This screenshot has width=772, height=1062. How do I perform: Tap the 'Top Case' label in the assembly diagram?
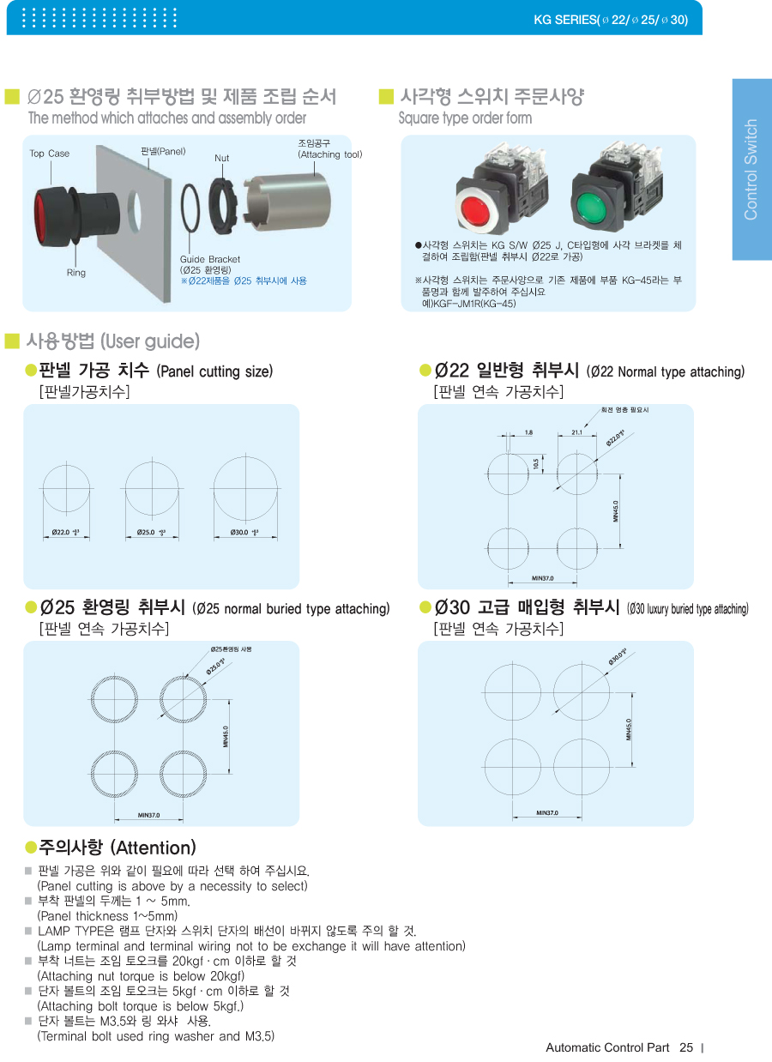tap(50, 154)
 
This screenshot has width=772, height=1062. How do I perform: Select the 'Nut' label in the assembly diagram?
tap(222, 158)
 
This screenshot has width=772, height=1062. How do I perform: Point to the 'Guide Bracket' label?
tap(210, 259)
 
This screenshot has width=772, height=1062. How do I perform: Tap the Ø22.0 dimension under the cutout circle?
tap(65, 533)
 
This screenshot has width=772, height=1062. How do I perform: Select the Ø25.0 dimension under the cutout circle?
tap(151, 533)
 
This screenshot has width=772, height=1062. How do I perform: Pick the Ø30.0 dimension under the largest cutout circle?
tap(244, 533)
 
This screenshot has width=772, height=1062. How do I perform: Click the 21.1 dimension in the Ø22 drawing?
tap(576, 432)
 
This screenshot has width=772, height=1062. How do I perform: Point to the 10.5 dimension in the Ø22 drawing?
tap(536, 463)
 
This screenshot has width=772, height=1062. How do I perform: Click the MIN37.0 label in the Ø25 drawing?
tap(148, 815)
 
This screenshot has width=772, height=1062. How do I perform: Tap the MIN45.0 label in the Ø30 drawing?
tap(629, 730)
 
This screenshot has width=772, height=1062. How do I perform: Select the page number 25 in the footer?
tap(685, 1047)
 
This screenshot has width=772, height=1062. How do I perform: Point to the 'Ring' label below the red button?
tap(76, 273)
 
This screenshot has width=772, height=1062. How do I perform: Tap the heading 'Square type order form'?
tap(465, 118)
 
